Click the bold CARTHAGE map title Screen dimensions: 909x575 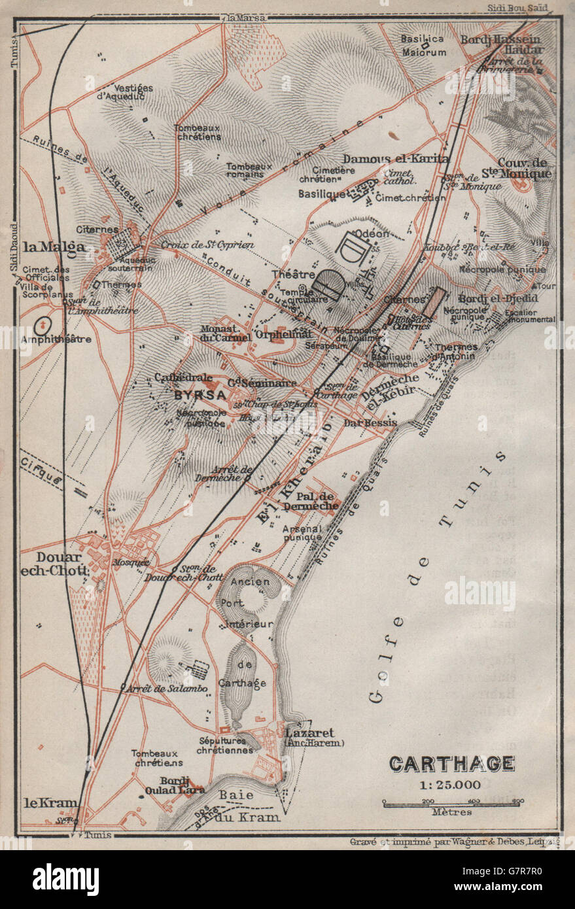click(x=452, y=763)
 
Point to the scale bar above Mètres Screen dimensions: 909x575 click(x=451, y=802)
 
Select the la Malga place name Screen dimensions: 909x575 click(x=54, y=247)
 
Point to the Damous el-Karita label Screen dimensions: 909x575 click(x=396, y=159)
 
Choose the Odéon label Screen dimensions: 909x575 click(x=371, y=234)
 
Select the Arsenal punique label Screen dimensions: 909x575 click(x=302, y=532)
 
